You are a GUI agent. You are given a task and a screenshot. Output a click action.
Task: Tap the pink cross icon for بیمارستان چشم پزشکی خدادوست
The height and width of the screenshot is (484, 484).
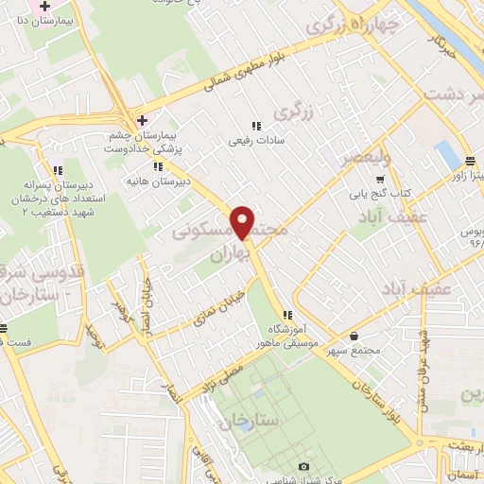[142, 120]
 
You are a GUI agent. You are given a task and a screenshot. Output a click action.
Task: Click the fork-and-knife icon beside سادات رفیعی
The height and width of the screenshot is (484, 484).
[255, 127]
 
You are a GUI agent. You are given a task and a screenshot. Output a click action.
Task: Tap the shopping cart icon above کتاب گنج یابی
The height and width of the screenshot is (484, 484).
[380, 179]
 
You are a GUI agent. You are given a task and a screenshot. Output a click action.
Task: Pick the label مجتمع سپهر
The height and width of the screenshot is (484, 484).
[354, 353]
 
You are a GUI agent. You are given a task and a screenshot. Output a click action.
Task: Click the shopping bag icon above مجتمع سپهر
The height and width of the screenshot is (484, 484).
[354, 336]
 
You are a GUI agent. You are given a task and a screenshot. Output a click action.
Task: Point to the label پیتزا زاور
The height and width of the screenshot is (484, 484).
[467, 175]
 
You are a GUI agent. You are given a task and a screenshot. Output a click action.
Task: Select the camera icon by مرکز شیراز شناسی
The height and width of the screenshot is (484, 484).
[303, 466]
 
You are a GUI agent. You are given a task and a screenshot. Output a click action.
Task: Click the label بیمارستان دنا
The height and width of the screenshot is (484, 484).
[42, 17]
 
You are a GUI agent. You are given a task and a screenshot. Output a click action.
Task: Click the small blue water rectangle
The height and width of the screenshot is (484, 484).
[442, 153]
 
